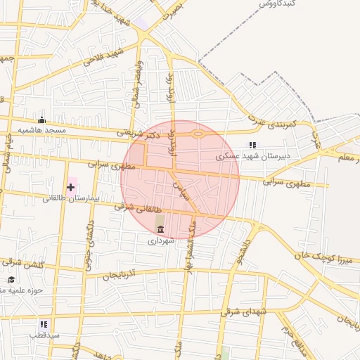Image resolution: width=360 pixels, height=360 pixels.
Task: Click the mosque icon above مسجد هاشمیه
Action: [x=41, y=119]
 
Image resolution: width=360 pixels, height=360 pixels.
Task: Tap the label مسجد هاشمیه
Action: [x=42, y=131]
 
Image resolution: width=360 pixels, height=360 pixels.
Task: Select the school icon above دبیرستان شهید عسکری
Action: [x=253, y=145]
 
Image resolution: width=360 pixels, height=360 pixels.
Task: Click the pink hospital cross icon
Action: [x=70, y=187]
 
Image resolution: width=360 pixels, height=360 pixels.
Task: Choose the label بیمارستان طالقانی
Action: [x=72, y=198]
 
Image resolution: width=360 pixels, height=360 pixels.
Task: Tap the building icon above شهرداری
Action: [x=161, y=230]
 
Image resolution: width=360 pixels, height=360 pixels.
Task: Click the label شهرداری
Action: [x=160, y=240]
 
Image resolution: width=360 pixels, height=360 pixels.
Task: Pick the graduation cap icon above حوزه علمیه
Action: [x=11, y=279]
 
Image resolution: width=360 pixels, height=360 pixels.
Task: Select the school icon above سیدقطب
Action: [x=44, y=324]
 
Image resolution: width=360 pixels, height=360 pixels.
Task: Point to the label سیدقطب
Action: [x=44, y=335]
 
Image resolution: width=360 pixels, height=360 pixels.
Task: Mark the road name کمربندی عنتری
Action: [x=281, y=124]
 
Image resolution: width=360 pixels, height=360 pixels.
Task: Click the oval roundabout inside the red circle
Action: [x=198, y=134]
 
